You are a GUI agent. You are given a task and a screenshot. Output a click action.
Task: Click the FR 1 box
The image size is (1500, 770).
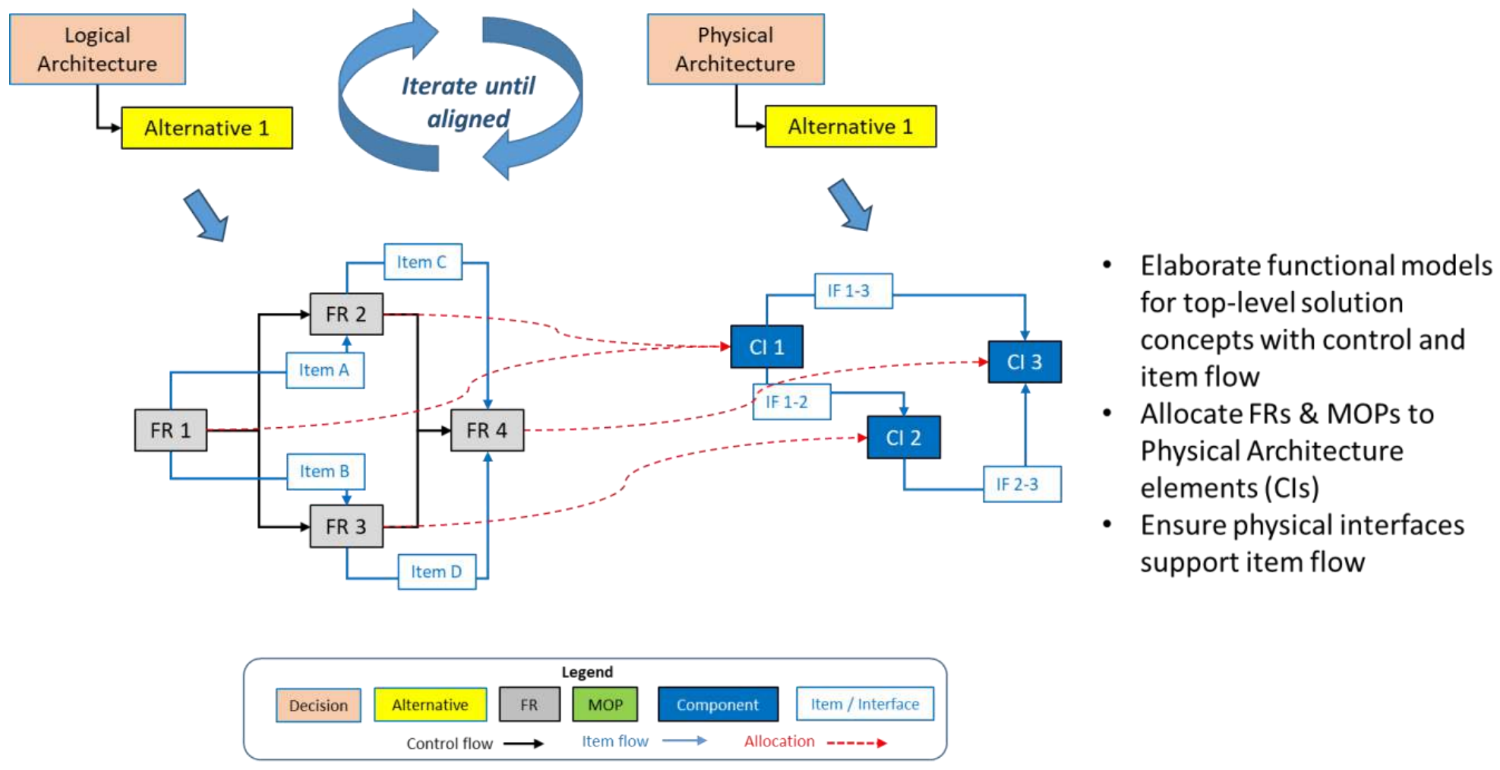click(171, 430)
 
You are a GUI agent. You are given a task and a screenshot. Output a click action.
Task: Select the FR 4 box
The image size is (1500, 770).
click(487, 430)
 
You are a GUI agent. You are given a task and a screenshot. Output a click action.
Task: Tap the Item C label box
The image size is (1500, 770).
click(422, 262)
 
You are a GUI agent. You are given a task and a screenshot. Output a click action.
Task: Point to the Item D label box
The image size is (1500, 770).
click(437, 572)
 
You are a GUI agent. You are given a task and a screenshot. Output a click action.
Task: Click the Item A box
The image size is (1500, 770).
click(324, 370)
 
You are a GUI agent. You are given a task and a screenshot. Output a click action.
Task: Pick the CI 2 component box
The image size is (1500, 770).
click(904, 438)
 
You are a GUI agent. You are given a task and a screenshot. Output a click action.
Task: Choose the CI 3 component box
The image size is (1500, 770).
click(1025, 362)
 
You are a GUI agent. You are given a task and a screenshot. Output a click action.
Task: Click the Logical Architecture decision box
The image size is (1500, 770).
click(97, 49)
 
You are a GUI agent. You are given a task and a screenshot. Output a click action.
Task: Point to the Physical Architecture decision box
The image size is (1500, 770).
click(735, 49)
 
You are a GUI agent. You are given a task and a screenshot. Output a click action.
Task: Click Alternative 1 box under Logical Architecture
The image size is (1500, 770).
click(207, 128)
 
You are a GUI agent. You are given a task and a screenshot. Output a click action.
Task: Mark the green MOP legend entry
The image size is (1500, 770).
click(605, 705)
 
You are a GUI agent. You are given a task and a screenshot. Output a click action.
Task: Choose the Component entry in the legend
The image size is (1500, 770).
click(718, 705)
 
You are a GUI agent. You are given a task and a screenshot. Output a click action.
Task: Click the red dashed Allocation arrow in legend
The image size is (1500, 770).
click(856, 743)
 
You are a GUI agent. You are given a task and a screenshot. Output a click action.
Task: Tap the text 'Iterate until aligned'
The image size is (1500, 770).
click(468, 102)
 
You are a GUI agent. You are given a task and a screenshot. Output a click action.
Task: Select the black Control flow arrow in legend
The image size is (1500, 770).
click(523, 743)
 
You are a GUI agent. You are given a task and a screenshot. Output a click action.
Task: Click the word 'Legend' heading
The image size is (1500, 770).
click(587, 672)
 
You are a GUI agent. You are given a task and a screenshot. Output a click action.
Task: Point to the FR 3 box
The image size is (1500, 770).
click(346, 526)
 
